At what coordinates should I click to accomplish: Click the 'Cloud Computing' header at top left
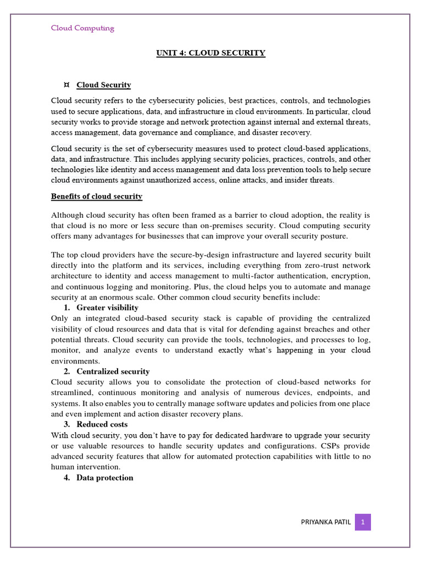click(x=82, y=29)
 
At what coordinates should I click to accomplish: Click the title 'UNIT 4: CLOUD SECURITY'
click(x=210, y=53)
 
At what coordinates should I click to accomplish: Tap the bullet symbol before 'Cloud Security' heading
click(x=66, y=85)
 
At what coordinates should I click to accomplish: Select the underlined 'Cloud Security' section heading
click(x=103, y=85)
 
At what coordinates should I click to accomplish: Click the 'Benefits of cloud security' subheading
click(x=97, y=196)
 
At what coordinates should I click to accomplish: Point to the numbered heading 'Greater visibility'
click(x=107, y=307)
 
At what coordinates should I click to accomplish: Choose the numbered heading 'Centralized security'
click(x=113, y=372)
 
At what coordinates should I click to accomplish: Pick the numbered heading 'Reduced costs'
click(x=102, y=424)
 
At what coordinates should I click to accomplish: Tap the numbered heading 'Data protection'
click(x=104, y=478)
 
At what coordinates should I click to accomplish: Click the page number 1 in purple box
click(x=363, y=522)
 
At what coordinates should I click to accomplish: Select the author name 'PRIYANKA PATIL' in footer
click(x=325, y=522)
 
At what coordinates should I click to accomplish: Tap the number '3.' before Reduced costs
click(x=68, y=424)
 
